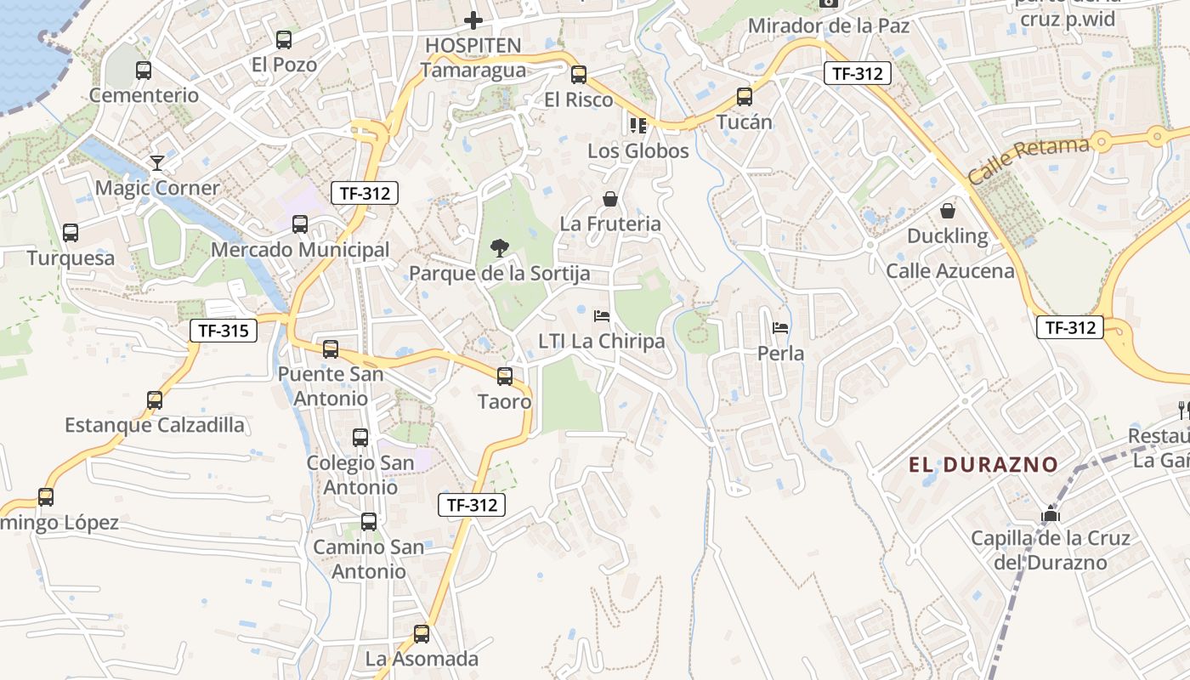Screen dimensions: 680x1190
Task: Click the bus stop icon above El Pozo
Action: pos(284,39)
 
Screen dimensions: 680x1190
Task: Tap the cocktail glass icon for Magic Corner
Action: pos(157,162)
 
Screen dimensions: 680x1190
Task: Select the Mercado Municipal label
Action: pos(300,250)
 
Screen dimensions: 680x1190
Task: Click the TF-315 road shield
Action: pos(223,331)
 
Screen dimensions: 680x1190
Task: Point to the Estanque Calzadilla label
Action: pos(155,425)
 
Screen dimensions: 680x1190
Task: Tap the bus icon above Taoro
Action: pos(505,376)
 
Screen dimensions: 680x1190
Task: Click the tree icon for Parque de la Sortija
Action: pos(500,248)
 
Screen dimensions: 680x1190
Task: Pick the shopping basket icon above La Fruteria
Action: pos(610,200)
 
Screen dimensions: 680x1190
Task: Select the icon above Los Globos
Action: pos(638,126)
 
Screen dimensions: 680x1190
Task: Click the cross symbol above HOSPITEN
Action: pos(473,20)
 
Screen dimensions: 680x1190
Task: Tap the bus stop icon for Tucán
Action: pos(745,97)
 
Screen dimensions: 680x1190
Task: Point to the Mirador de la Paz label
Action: pos(829,26)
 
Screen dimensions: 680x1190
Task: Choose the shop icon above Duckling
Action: pos(948,211)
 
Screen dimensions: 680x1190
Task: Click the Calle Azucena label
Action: pos(950,271)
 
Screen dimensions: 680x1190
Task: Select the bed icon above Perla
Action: pos(780,328)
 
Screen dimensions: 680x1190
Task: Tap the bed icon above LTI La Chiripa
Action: pos(602,316)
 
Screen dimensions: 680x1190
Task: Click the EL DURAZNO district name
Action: pos(983,465)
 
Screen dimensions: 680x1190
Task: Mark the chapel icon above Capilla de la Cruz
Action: pos(1051,514)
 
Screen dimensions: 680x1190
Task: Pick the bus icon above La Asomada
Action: pos(422,633)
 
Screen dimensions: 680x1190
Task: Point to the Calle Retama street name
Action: pos(1028,160)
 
